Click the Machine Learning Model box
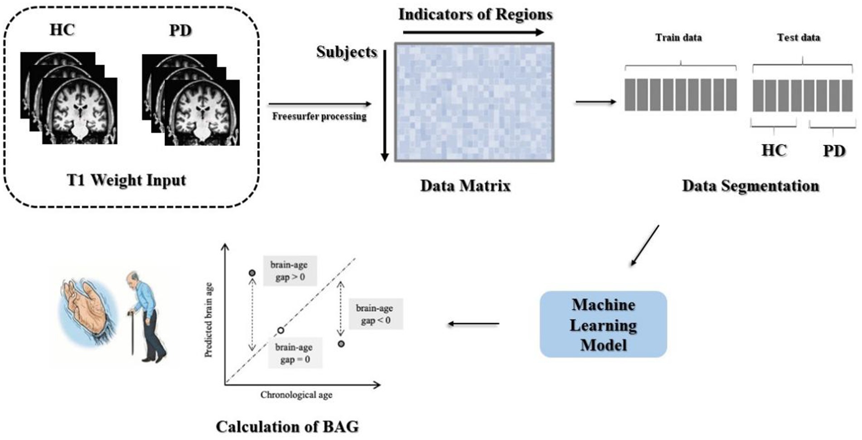point(603,324)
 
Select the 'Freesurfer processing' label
point(319,117)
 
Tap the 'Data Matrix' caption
point(465,186)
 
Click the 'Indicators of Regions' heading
point(475,15)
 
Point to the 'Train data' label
point(678,38)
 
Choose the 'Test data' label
point(799,38)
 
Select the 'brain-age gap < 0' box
point(375,314)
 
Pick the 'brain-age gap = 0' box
point(295,353)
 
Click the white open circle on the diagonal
point(281,330)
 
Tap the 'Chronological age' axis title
point(296,395)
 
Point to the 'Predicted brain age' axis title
point(208,320)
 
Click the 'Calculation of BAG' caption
point(287,426)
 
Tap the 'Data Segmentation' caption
point(751,186)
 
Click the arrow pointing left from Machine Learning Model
point(473,324)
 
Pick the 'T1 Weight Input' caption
point(126,180)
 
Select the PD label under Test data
point(834,151)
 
